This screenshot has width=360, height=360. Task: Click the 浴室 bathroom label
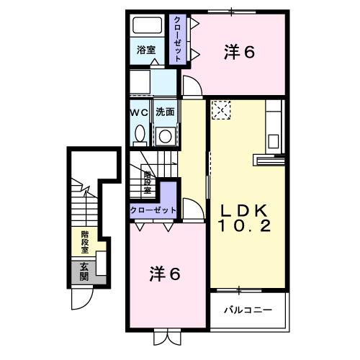(146, 50)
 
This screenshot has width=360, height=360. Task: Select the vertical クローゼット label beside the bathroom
(177, 37)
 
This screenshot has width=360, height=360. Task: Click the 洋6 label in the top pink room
(238, 52)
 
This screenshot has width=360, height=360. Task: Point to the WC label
(139, 113)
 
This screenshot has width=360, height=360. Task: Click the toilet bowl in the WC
(138, 134)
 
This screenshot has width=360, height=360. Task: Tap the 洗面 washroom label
(166, 113)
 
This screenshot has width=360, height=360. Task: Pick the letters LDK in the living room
(245, 210)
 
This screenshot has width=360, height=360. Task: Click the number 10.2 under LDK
(245, 226)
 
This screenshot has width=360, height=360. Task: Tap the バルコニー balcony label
(246, 310)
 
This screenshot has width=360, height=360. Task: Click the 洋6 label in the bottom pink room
(165, 274)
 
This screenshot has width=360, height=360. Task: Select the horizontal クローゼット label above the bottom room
(153, 210)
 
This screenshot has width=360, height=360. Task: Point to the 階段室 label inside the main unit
(148, 183)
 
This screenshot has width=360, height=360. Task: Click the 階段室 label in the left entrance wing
(85, 238)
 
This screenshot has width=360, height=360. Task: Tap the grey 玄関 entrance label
(84, 271)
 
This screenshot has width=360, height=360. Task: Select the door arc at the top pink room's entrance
(192, 86)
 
